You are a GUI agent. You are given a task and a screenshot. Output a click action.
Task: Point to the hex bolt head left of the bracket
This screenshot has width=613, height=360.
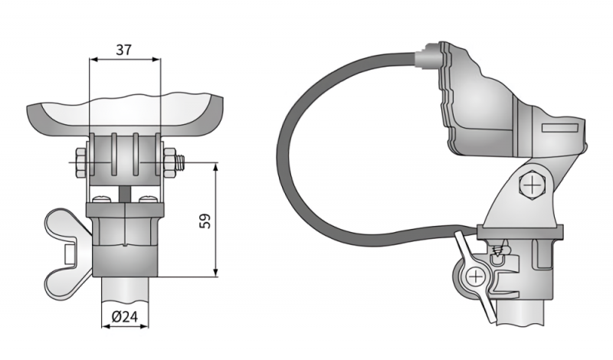(x=79, y=163)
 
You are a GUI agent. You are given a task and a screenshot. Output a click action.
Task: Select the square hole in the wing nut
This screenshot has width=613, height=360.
(x=70, y=251)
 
